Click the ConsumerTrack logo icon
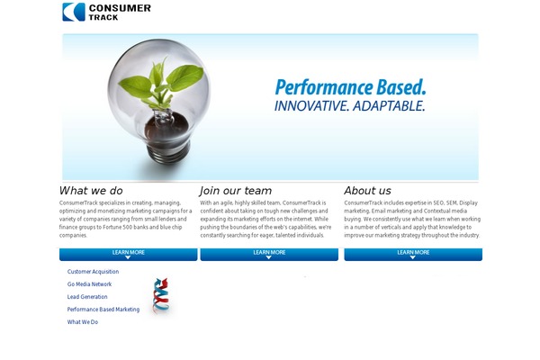pyautogui.click(x=74, y=12)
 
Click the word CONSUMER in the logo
pyautogui.click(x=120, y=8)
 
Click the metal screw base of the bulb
pyautogui.click(x=166, y=153)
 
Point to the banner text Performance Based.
pyautogui.click(x=350, y=88)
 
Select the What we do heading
pyautogui.click(x=91, y=191)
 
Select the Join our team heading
pyautogui.click(x=236, y=191)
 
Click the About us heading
pyautogui.click(x=367, y=191)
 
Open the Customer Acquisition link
pyautogui.click(x=93, y=272)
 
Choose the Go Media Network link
pyautogui.click(x=89, y=284)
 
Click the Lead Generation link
pyautogui.click(x=87, y=297)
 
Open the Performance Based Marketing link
pyautogui.click(x=103, y=310)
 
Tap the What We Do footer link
pyautogui.click(x=83, y=322)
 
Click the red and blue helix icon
pyautogui.click(x=160, y=295)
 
